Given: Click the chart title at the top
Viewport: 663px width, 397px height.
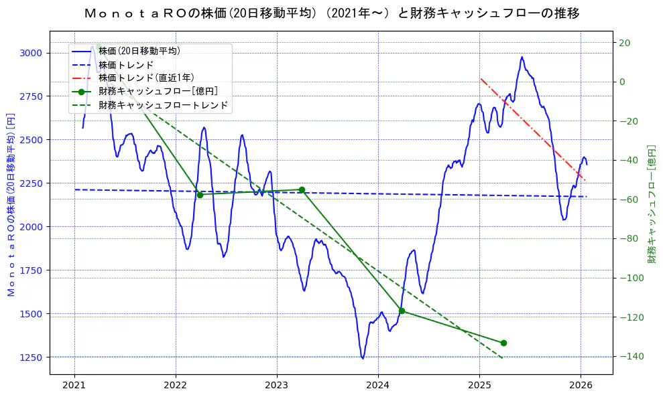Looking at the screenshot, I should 332,13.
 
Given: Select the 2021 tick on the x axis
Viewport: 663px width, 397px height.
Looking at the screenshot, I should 74,385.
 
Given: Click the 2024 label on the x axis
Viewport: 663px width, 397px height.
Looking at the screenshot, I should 378,385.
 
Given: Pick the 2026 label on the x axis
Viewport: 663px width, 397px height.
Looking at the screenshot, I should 581,385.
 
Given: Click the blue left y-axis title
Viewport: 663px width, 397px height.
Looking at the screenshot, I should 10,204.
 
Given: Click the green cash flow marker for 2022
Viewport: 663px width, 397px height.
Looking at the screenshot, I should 200,195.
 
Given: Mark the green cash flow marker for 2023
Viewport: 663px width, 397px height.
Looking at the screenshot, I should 302,189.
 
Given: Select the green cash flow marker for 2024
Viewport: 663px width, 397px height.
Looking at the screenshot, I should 402,311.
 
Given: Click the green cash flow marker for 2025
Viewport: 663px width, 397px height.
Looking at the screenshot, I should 503,343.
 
